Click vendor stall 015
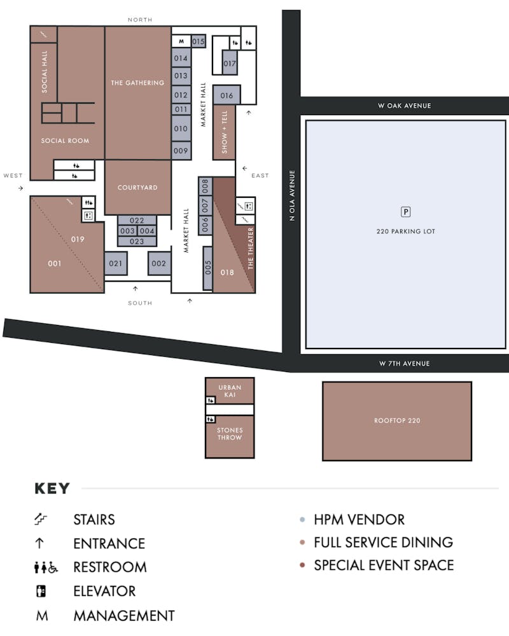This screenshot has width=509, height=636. (x=199, y=41)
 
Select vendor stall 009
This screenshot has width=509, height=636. (x=181, y=151)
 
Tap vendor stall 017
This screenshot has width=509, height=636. (x=229, y=63)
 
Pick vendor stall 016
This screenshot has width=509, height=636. (x=227, y=95)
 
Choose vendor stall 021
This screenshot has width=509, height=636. (x=116, y=263)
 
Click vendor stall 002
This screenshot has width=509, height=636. (x=158, y=263)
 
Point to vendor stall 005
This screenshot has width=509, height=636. (x=208, y=268)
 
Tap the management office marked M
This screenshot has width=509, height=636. (x=181, y=41)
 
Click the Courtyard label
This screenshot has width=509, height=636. (x=137, y=188)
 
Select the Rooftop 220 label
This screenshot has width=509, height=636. (x=397, y=420)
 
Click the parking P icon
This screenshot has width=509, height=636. (x=405, y=212)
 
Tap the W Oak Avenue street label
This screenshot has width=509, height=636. (x=404, y=106)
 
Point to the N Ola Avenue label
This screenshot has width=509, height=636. (x=292, y=195)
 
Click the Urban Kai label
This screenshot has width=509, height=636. (x=230, y=391)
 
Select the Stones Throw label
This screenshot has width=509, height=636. (x=230, y=434)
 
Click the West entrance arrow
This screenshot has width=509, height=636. (x=21, y=188)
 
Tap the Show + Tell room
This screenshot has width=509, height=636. (x=224, y=132)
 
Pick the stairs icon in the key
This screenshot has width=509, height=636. (x=40, y=519)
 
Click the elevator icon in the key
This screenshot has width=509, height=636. (x=41, y=591)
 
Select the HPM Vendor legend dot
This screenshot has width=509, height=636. (x=302, y=520)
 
